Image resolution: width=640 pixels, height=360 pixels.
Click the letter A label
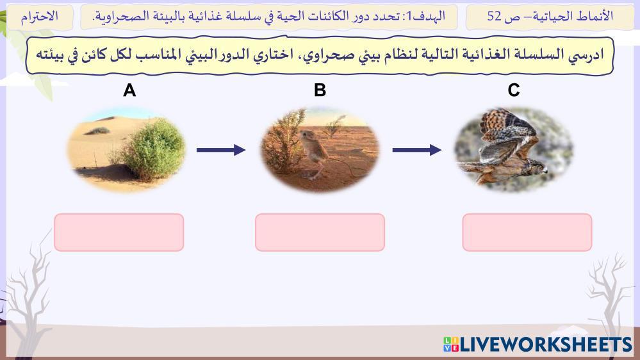tap(129, 90)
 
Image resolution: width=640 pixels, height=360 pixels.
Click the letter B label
tap(320, 90)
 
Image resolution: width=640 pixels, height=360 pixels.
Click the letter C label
tap(513, 90)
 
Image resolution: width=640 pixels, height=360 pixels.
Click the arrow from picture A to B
tap(221, 150)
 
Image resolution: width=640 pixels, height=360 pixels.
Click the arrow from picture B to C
tap(416, 150)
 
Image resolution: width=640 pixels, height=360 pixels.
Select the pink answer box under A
tap(119, 233)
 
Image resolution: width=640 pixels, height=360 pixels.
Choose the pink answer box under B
tap(320, 233)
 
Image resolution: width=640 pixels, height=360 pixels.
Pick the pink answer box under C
tap(527, 233)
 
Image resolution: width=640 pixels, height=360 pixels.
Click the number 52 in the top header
tap(495, 16)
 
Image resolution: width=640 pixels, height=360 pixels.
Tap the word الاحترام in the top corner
tap(39, 16)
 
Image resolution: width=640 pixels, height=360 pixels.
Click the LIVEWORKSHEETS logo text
tap(546, 345)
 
